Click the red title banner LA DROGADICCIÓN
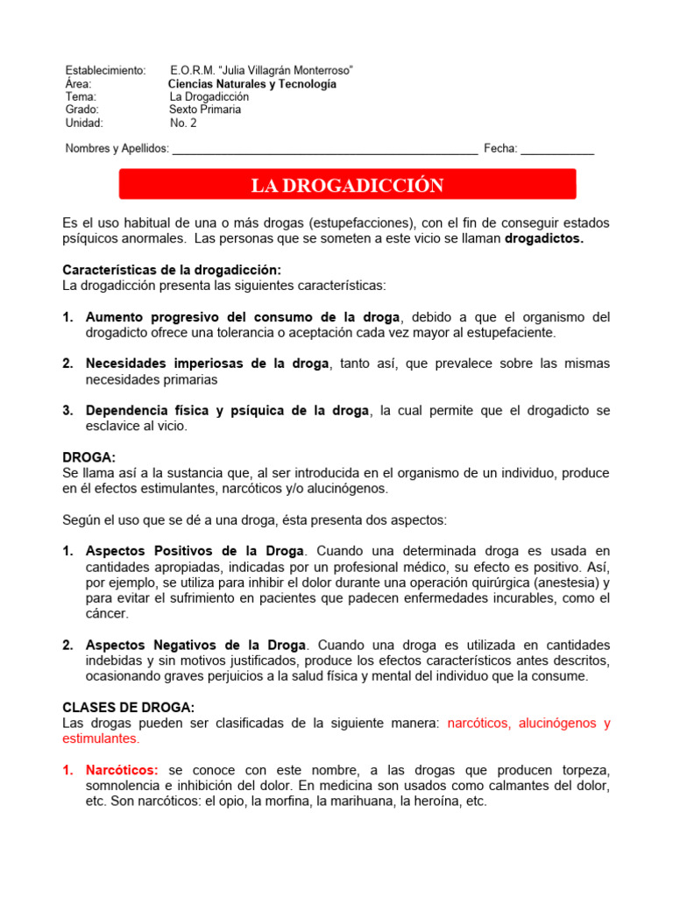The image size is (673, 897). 347,185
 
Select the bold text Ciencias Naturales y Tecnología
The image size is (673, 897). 252,84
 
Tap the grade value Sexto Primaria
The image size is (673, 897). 205,109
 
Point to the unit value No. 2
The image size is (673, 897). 183,123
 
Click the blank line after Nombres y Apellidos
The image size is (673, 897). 325,149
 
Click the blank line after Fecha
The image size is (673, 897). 557,149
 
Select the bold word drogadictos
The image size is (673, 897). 544,238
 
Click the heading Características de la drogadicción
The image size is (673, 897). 172,271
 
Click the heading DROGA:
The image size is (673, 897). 89,458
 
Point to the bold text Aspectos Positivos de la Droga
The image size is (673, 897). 195,552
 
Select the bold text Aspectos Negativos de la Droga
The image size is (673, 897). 196,645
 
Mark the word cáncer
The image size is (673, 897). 106,614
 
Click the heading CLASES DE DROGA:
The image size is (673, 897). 129,708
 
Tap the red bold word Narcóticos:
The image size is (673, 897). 122,770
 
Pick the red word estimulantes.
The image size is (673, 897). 100,738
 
